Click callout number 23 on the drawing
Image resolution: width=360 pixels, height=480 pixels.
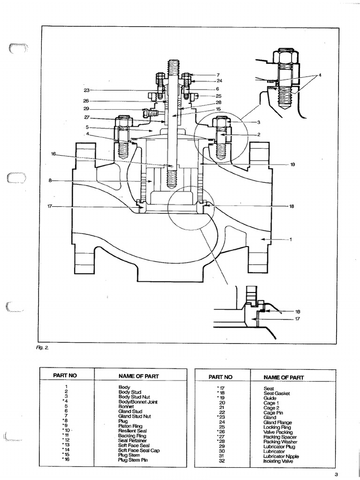[x=86, y=90]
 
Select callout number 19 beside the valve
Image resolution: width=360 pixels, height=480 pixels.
[x=292, y=165]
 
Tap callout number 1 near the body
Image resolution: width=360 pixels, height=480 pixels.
[x=291, y=240]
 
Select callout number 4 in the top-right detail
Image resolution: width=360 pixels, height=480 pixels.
[x=320, y=75]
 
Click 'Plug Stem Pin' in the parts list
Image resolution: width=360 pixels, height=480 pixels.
[x=133, y=460]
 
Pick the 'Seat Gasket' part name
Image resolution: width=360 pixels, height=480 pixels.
[x=277, y=393]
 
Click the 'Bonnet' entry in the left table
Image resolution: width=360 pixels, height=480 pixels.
[x=126, y=406]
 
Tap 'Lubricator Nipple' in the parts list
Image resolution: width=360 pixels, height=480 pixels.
[x=281, y=456]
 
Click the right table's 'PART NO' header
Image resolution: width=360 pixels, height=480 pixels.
[x=220, y=376]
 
